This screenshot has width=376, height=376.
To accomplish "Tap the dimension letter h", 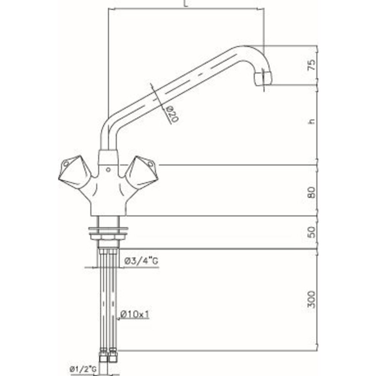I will point(310,122).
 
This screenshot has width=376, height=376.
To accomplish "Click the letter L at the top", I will point(185,4).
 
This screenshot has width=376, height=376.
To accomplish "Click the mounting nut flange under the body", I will point(108,231).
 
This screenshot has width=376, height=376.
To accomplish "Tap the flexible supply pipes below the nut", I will point(108,301).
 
